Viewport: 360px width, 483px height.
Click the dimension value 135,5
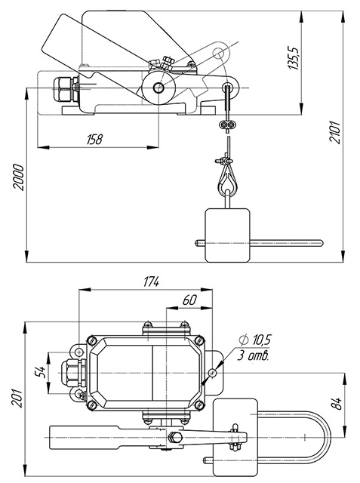pos(294,59)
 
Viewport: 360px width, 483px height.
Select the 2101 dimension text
pos(335,133)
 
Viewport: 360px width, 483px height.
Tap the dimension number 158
pos(94,139)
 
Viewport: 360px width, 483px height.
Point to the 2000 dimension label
pos(18,178)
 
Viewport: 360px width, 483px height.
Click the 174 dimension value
pos(152,281)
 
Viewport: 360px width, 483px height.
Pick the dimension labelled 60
pos(189,300)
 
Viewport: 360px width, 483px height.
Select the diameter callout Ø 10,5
pos(255,340)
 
